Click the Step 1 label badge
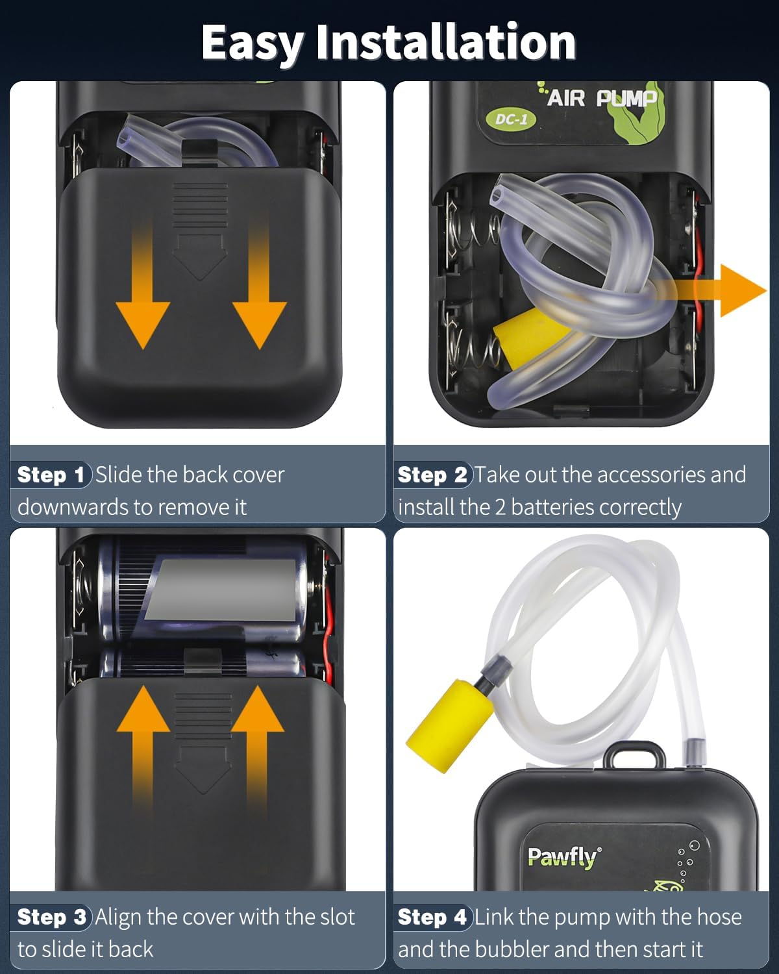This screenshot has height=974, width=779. point(51,475)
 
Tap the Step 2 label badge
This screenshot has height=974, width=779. point(432,475)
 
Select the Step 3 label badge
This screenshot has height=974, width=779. point(51,917)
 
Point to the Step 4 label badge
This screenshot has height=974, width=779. point(432,917)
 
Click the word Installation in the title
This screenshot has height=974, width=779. point(446,42)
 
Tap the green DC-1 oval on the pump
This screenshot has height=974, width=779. point(511,119)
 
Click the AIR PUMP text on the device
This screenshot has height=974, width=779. point(601,99)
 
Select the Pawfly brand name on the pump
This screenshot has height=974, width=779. point(562,858)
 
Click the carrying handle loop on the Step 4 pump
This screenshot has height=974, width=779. point(634,755)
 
